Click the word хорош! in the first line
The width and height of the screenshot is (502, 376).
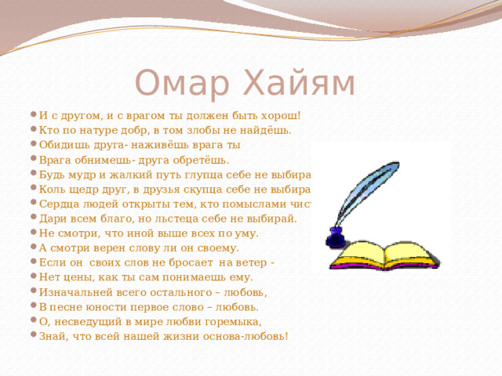coord(283,116)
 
